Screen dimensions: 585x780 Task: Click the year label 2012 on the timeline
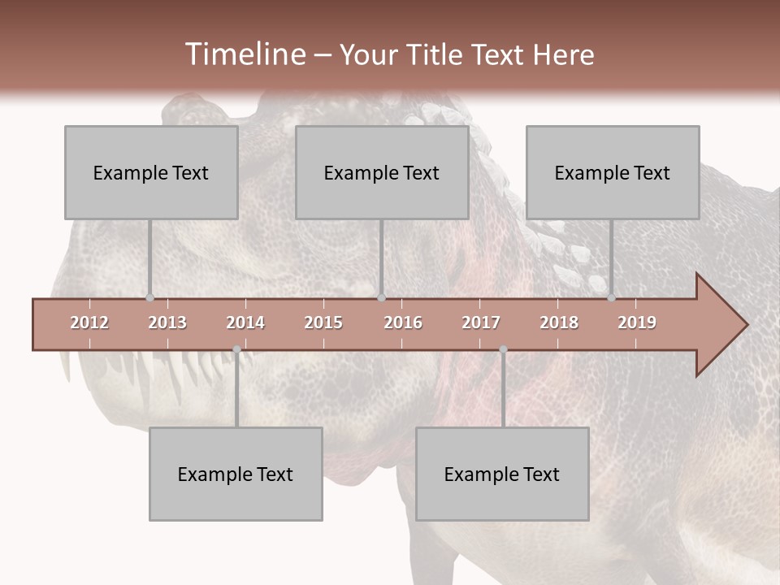pos(89,323)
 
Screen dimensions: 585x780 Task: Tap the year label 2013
pos(167,323)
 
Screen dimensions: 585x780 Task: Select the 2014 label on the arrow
pos(245,323)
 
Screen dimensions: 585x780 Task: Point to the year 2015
pos(323,323)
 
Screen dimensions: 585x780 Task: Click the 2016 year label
pos(403,323)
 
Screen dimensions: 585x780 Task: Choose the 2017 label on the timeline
pos(481,323)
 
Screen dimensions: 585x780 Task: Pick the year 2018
pos(559,323)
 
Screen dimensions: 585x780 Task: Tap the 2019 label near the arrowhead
pos(637,323)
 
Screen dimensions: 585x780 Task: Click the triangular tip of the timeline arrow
pos(731,325)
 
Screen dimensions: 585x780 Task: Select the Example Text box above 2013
pos(151,172)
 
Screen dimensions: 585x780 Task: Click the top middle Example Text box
pos(382,172)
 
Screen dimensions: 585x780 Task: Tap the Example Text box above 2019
pos(613,172)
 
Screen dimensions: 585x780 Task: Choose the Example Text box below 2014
pos(236,474)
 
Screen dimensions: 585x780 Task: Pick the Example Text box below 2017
pos(502,474)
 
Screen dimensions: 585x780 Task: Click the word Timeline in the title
pos(244,54)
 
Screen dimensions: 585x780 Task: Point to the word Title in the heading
pos(439,54)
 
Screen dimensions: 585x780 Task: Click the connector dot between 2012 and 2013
pos(149,297)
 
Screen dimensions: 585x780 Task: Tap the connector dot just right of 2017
pos(503,349)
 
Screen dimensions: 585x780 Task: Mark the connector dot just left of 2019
pos(611,297)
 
